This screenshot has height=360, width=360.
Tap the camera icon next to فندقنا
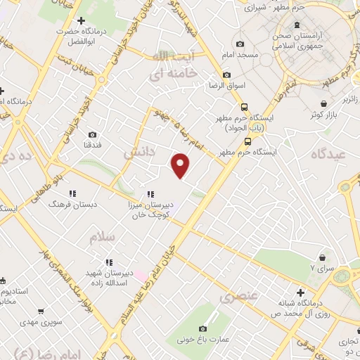[x=92, y=134]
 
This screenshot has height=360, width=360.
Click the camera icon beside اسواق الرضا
[x=226, y=75]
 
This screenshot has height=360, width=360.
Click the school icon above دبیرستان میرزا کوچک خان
[x=150, y=194]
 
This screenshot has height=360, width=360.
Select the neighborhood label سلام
[x=102, y=237]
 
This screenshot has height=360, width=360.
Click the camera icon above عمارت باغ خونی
[x=203, y=328]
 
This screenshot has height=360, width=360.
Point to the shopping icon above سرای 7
[x=323, y=258]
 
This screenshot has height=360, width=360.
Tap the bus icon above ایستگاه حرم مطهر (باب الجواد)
[x=244, y=108]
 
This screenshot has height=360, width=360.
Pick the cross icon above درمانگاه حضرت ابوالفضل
[x=82, y=20]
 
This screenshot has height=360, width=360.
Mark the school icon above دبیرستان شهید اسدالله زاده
[x=108, y=262]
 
